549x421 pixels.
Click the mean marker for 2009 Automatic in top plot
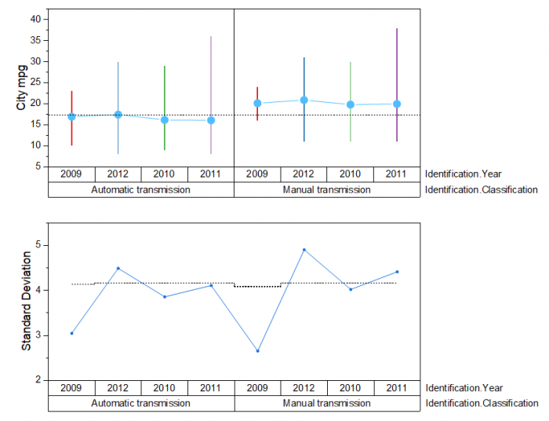coord(71,116)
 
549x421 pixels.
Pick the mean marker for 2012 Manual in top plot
coord(304,100)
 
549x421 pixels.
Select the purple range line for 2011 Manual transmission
coord(397,63)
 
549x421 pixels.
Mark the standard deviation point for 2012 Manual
coord(304,250)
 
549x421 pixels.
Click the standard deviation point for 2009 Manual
coord(257,351)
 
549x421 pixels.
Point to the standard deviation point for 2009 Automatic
coord(71,333)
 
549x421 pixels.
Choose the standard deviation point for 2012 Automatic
coord(118,269)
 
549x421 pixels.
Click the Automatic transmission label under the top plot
coord(140,190)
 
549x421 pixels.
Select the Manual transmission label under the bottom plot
coord(326,403)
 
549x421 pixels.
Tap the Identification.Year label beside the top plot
coord(464,174)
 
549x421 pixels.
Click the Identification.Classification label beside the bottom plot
coord(482,403)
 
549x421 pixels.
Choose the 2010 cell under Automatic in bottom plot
coord(164,387)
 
